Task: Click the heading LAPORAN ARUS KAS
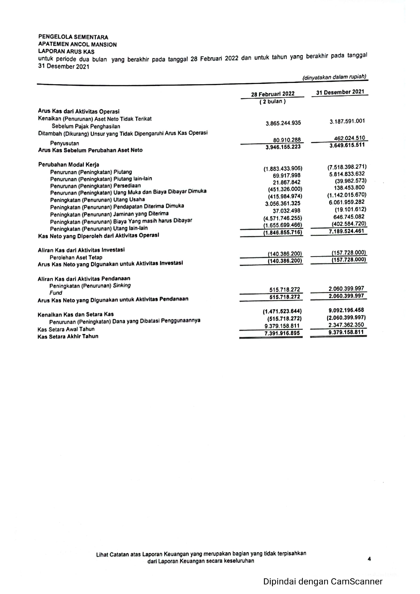click(x=66, y=52)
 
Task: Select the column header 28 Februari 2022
click(x=273, y=94)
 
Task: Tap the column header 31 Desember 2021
click(x=340, y=92)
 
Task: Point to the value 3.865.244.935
click(x=283, y=123)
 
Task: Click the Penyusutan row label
click(x=64, y=143)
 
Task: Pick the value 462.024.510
click(x=350, y=138)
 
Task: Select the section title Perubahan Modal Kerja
click(x=68, y=165)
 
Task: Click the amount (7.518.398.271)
click(x=347, y=167)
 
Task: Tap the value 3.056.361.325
click(x=282, y=203)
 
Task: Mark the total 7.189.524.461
click(x=346, y=231)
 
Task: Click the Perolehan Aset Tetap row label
click(x=76, y=257)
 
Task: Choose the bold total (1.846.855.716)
click(x=282, y=233)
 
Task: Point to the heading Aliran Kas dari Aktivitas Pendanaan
click(x=84, y=279)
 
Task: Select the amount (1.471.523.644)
click(x=282, y=311)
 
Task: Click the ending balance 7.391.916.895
click(x=282, y=333)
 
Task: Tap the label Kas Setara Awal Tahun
click(x=66, y=329)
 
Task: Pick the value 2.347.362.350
click(x=346, y=325)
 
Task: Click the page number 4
click(x=369, y=559)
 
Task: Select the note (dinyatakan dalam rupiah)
click(x=334, y=77)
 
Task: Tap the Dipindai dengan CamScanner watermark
click(x=323, y=581)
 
